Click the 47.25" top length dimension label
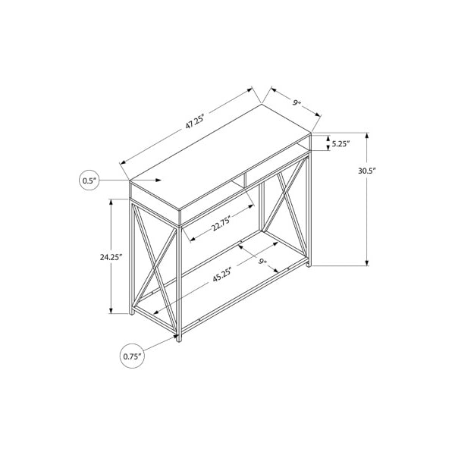click(195, 121)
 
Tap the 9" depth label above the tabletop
click(296, 103)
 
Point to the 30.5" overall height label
click(367, 171)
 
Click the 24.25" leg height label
click(111, 256)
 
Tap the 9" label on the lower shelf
click(263, 262)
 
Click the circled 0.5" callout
click(89, 180)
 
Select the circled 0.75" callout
click(132, 356)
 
